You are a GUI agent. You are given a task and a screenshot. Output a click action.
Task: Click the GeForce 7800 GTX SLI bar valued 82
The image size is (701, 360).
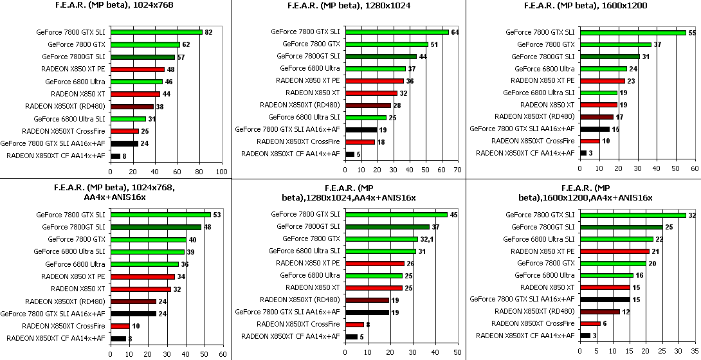[x=156, y=32]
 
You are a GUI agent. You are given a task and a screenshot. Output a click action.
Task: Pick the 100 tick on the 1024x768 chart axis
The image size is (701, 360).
[x=221, y=172]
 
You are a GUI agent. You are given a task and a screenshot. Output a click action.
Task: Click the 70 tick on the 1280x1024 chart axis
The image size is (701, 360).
[x=457, y=170]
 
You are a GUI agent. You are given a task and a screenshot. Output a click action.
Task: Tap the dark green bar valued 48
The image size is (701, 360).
[x=156, y=227]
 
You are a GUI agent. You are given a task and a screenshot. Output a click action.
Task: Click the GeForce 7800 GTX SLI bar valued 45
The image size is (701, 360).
[x=396, y=215]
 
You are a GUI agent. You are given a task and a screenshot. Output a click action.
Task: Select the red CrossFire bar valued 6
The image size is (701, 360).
[x=590, y=323]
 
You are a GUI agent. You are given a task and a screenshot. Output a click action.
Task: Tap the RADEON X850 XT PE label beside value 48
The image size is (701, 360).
[x=73, y=69]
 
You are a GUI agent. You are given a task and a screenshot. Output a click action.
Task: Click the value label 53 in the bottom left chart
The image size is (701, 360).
[x=217, y=215]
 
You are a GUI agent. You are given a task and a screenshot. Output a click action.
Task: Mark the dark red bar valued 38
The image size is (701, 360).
[x=132, y=106]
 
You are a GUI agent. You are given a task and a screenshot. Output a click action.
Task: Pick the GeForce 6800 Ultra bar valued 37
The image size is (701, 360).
[x=376, y=69]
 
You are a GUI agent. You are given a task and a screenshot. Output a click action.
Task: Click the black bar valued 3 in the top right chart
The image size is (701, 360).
[x=583, y=153]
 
